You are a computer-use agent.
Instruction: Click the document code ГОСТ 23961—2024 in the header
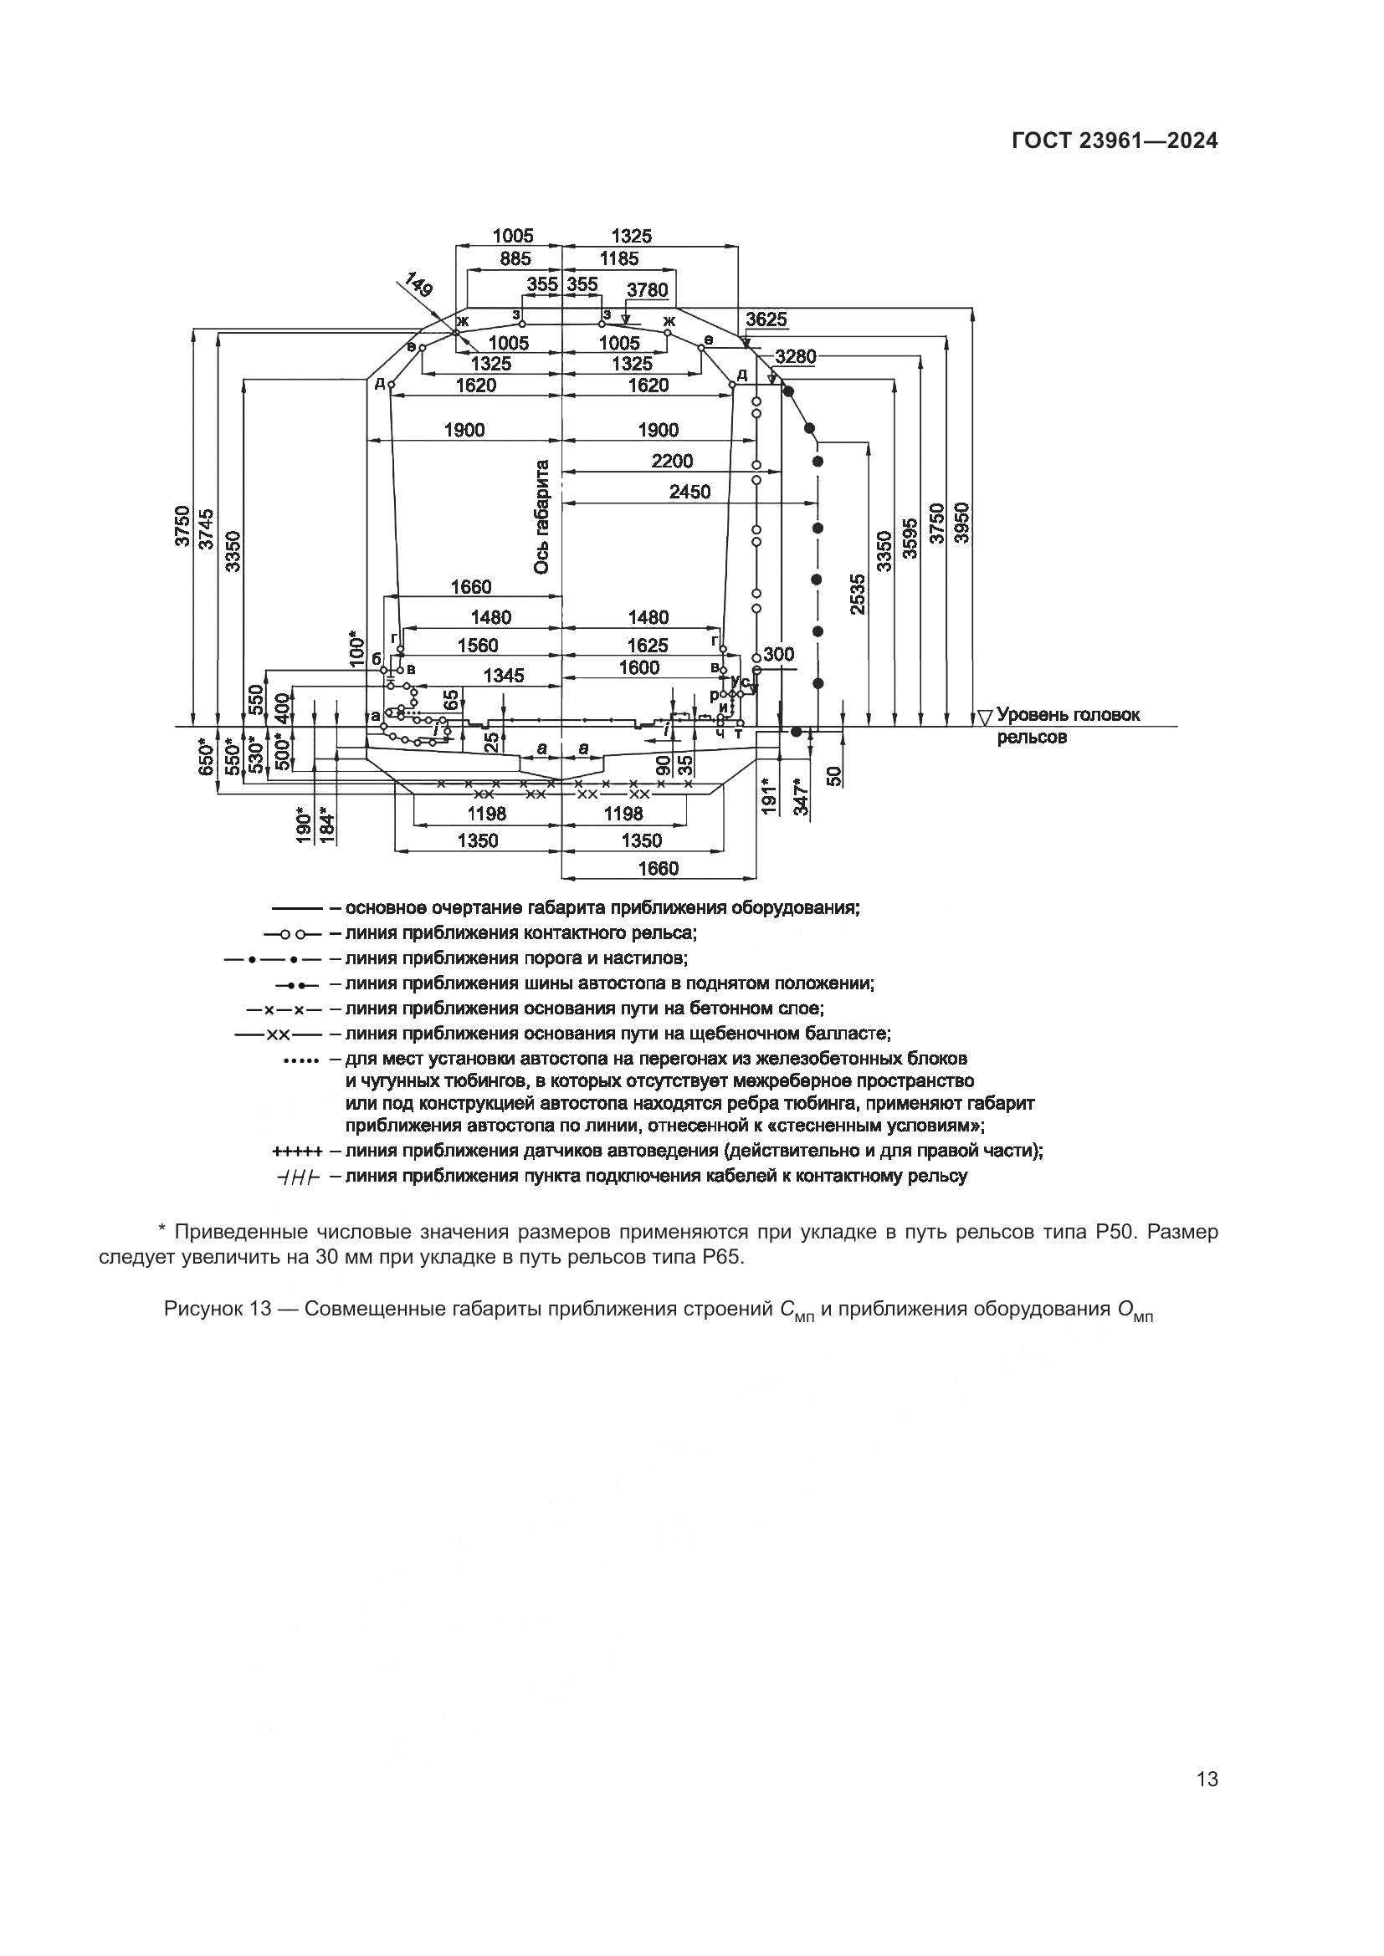pos(1115,141)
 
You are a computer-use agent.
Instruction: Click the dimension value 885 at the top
pos(515,258)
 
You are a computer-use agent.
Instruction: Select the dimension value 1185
pos(618,258)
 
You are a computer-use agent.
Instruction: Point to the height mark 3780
pos(648,289)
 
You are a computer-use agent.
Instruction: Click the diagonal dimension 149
pos(418,284)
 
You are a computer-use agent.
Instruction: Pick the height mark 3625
pos(766,320)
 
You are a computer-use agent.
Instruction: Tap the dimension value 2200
pos(673,461)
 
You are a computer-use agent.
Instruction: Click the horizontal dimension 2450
pos(689,492)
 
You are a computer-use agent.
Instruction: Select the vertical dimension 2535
pos(858,594)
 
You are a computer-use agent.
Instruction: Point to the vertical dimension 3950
pos(961,522)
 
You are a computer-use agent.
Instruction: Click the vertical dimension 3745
pos(206,529)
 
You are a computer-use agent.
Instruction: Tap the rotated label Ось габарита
pos(542,517)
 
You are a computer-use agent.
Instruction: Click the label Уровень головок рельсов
pos(1067,725)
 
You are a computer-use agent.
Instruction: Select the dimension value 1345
pos(504,676)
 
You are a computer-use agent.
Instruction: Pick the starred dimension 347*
pos(801,797)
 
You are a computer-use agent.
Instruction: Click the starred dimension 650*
pos(204,756)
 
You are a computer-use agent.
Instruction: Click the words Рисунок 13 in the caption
pos(218,1309)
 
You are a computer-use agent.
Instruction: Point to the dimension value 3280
pos(795,356)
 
